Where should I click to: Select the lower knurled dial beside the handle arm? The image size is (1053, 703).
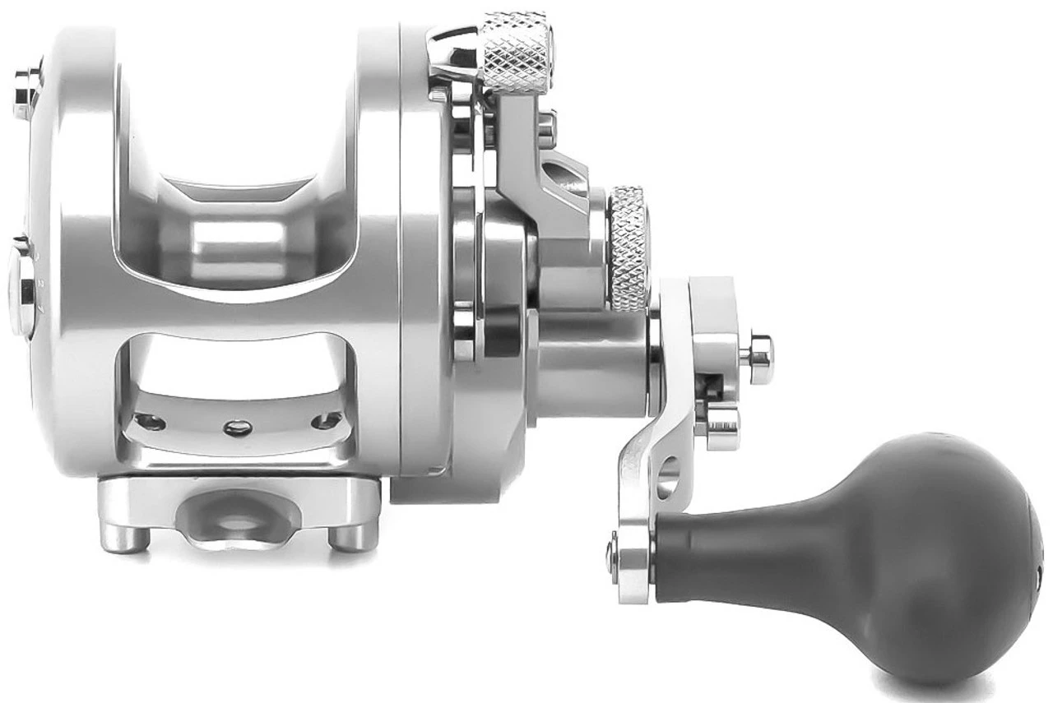point(628,248)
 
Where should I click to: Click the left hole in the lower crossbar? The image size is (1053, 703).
point(150,423)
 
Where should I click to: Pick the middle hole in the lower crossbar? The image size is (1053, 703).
point(238,427)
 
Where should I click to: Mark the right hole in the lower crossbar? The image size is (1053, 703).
point(324,421)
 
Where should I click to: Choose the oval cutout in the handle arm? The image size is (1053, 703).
point(669,477)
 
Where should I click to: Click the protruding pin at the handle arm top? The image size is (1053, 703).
point(756,354)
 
